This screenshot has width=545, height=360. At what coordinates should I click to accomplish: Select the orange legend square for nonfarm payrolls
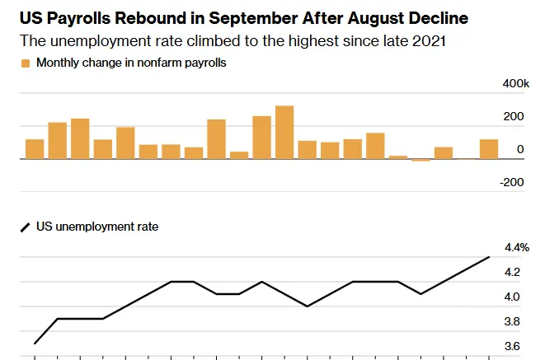pyautogui.click(x=25, y=63)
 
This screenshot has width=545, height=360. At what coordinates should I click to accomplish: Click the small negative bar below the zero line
pyautogui.click(x=420, y=160)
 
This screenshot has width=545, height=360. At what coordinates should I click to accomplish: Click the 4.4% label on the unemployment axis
pyautogui.click(x=516, y=248)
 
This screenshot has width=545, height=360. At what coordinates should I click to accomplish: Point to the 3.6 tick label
pyautogui.click(x=512, y=347)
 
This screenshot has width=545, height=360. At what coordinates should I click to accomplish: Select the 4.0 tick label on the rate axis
pyautogui.click(x=512, y=297)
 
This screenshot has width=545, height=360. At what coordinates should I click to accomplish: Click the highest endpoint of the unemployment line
pyautogui.click(x=489, y=257)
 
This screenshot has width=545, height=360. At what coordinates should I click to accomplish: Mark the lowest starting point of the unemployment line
pyautogui.click(x=35, y=343)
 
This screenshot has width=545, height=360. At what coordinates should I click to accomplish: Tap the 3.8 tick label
pyautogui.click(x=512, y=321)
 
